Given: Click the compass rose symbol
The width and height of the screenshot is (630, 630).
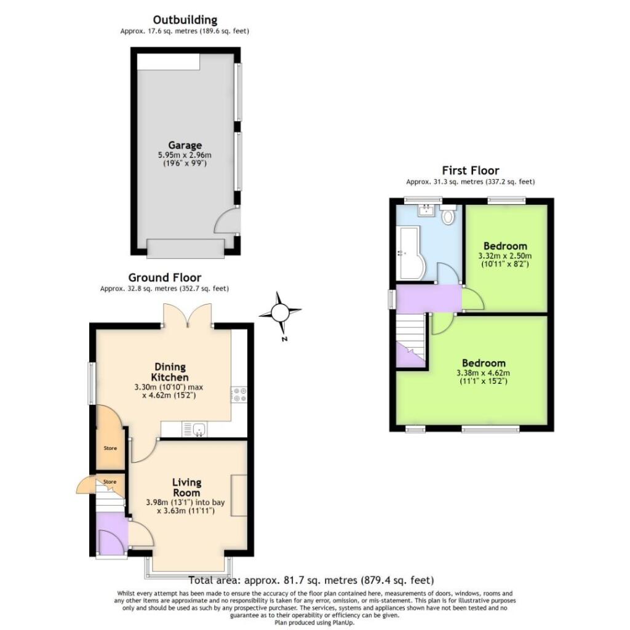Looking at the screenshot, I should pos(281,313).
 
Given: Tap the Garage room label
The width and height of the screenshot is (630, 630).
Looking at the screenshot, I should pos(185,145).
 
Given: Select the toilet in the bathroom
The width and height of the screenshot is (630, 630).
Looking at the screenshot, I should pos(448,216).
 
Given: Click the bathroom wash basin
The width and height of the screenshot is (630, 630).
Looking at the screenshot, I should pos(426,212).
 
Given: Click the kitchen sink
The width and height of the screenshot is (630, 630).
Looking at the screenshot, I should pos(199,429).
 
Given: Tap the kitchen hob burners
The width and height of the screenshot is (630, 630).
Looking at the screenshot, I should pos(238,394).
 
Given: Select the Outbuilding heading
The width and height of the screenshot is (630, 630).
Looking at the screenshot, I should pos(185,20).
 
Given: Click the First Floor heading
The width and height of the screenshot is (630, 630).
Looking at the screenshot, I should pos(471,170).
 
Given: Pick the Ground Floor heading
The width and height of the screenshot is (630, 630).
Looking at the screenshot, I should pos(164,277).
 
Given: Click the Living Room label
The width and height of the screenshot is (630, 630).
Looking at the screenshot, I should pos(186,487).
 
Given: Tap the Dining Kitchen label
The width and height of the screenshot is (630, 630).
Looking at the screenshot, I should pos(170,372).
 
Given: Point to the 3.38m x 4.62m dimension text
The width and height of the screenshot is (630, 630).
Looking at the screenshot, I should pos(484,373).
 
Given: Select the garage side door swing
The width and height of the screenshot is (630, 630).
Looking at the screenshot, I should pos(225,222).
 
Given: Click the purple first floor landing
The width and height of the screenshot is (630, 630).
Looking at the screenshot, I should pos(428,298).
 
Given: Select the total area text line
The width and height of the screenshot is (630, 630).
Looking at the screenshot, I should pos(311,580).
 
